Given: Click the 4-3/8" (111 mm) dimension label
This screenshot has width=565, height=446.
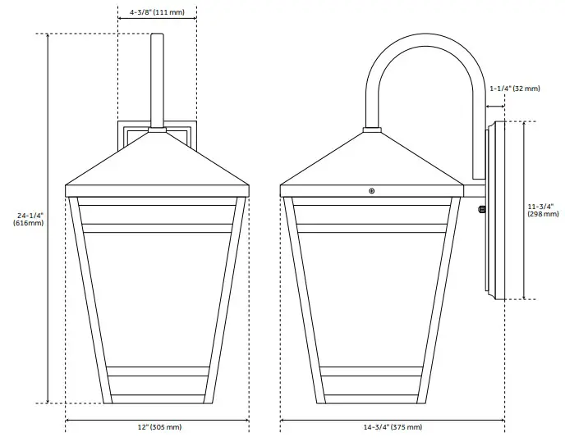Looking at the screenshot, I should click(x=157, y=14).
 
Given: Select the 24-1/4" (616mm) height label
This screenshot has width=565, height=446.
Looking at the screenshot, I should click(x=30, y=219).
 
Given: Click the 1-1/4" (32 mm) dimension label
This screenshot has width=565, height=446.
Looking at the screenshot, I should click(x=515, y=88).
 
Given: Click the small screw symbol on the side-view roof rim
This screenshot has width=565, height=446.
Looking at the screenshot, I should click(x=372, y=191).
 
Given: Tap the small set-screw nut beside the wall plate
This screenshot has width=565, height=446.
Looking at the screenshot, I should click(x=481, y=208).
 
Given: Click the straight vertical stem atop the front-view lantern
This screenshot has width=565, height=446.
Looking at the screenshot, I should click(x=157, y=78).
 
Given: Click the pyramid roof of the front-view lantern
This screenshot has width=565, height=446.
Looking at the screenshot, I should click(x=157, y=164).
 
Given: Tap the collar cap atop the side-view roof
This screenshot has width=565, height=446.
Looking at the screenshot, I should click(x=372, y=129).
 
